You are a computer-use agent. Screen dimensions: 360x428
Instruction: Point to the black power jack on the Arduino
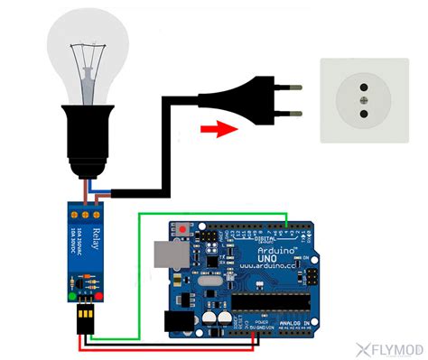click(176, 322)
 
